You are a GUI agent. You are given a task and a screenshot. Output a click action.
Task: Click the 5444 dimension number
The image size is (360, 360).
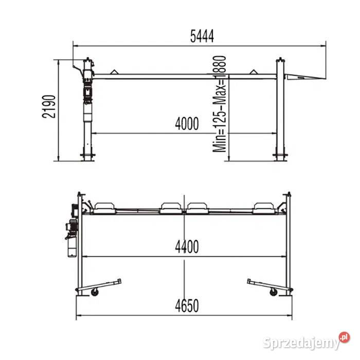pos(202,36)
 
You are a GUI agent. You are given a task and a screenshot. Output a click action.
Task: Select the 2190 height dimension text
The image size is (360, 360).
pos(49,106)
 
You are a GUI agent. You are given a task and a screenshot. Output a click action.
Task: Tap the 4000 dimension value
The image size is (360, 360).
pos(187,123)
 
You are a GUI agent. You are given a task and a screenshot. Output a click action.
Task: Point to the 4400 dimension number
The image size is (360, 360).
pos(187,247)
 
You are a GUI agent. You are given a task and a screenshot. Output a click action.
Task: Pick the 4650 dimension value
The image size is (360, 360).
pos(187,306)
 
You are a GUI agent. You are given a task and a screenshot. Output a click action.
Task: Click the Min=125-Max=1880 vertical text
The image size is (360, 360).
pos(220,104)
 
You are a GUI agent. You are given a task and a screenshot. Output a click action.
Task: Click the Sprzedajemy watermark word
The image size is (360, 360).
pos(301,343)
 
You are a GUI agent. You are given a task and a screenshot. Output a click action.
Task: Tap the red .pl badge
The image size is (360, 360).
pos(345,337)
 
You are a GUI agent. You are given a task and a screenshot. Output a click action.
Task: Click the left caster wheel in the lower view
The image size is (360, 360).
pos(95,292)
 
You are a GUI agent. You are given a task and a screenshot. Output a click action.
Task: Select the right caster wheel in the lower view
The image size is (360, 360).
pos(273,292)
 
